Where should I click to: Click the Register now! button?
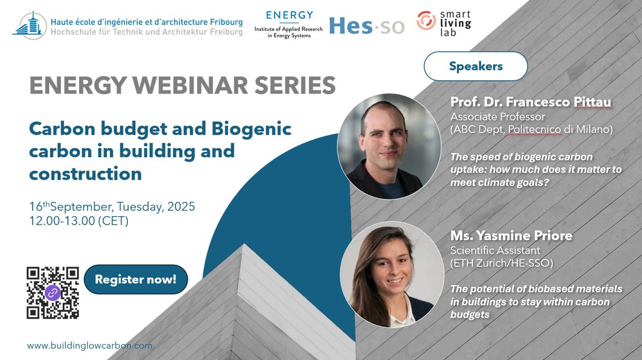click(136, 279)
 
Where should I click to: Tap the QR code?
click(53, 293)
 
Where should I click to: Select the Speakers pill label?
click(476, 66)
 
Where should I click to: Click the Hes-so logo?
click(367, 26)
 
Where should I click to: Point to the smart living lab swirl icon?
click(426, 20)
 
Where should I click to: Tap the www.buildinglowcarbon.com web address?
click(90, 346)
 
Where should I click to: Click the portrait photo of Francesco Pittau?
click(389, 146)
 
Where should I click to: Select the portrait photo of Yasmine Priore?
click(392, 274)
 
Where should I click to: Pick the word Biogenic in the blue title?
click(251, 129)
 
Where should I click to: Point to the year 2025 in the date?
click(181, 206)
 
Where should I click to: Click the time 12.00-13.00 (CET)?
click(79, 221)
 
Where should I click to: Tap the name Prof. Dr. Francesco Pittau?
click(531, 102)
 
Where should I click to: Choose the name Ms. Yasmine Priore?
click(511, 235)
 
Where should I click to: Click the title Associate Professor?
click(498, 117)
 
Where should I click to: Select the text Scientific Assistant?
click(495, 250)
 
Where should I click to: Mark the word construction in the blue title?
click(86, 174)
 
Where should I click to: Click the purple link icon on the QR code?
click(53, 293)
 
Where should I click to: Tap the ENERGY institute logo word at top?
click(289, 15)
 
